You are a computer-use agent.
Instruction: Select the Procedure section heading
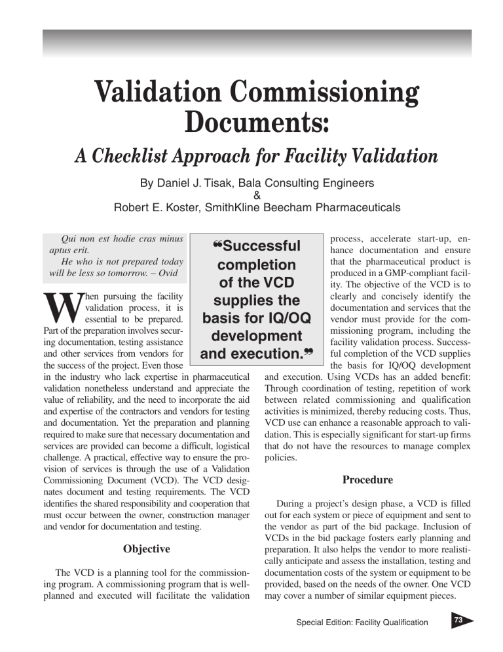pyautogui.click(x=367, y=479)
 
